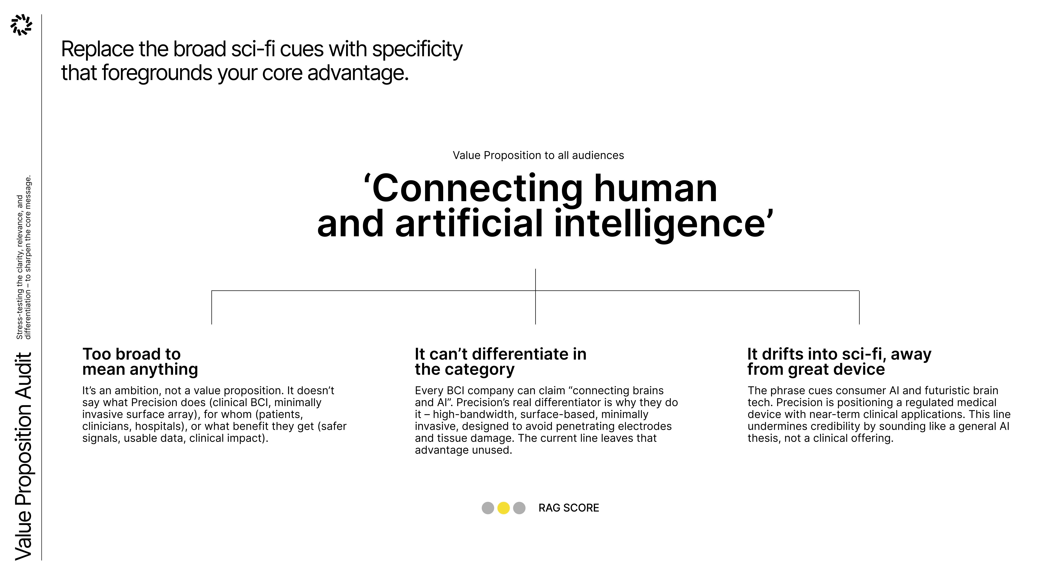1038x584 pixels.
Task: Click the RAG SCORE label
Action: coord(569,508)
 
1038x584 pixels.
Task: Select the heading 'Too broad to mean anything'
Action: coord(140,361)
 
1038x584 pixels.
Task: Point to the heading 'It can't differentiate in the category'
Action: coord(500,361)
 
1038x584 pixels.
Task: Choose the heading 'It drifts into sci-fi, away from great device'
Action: coord(839,361)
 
